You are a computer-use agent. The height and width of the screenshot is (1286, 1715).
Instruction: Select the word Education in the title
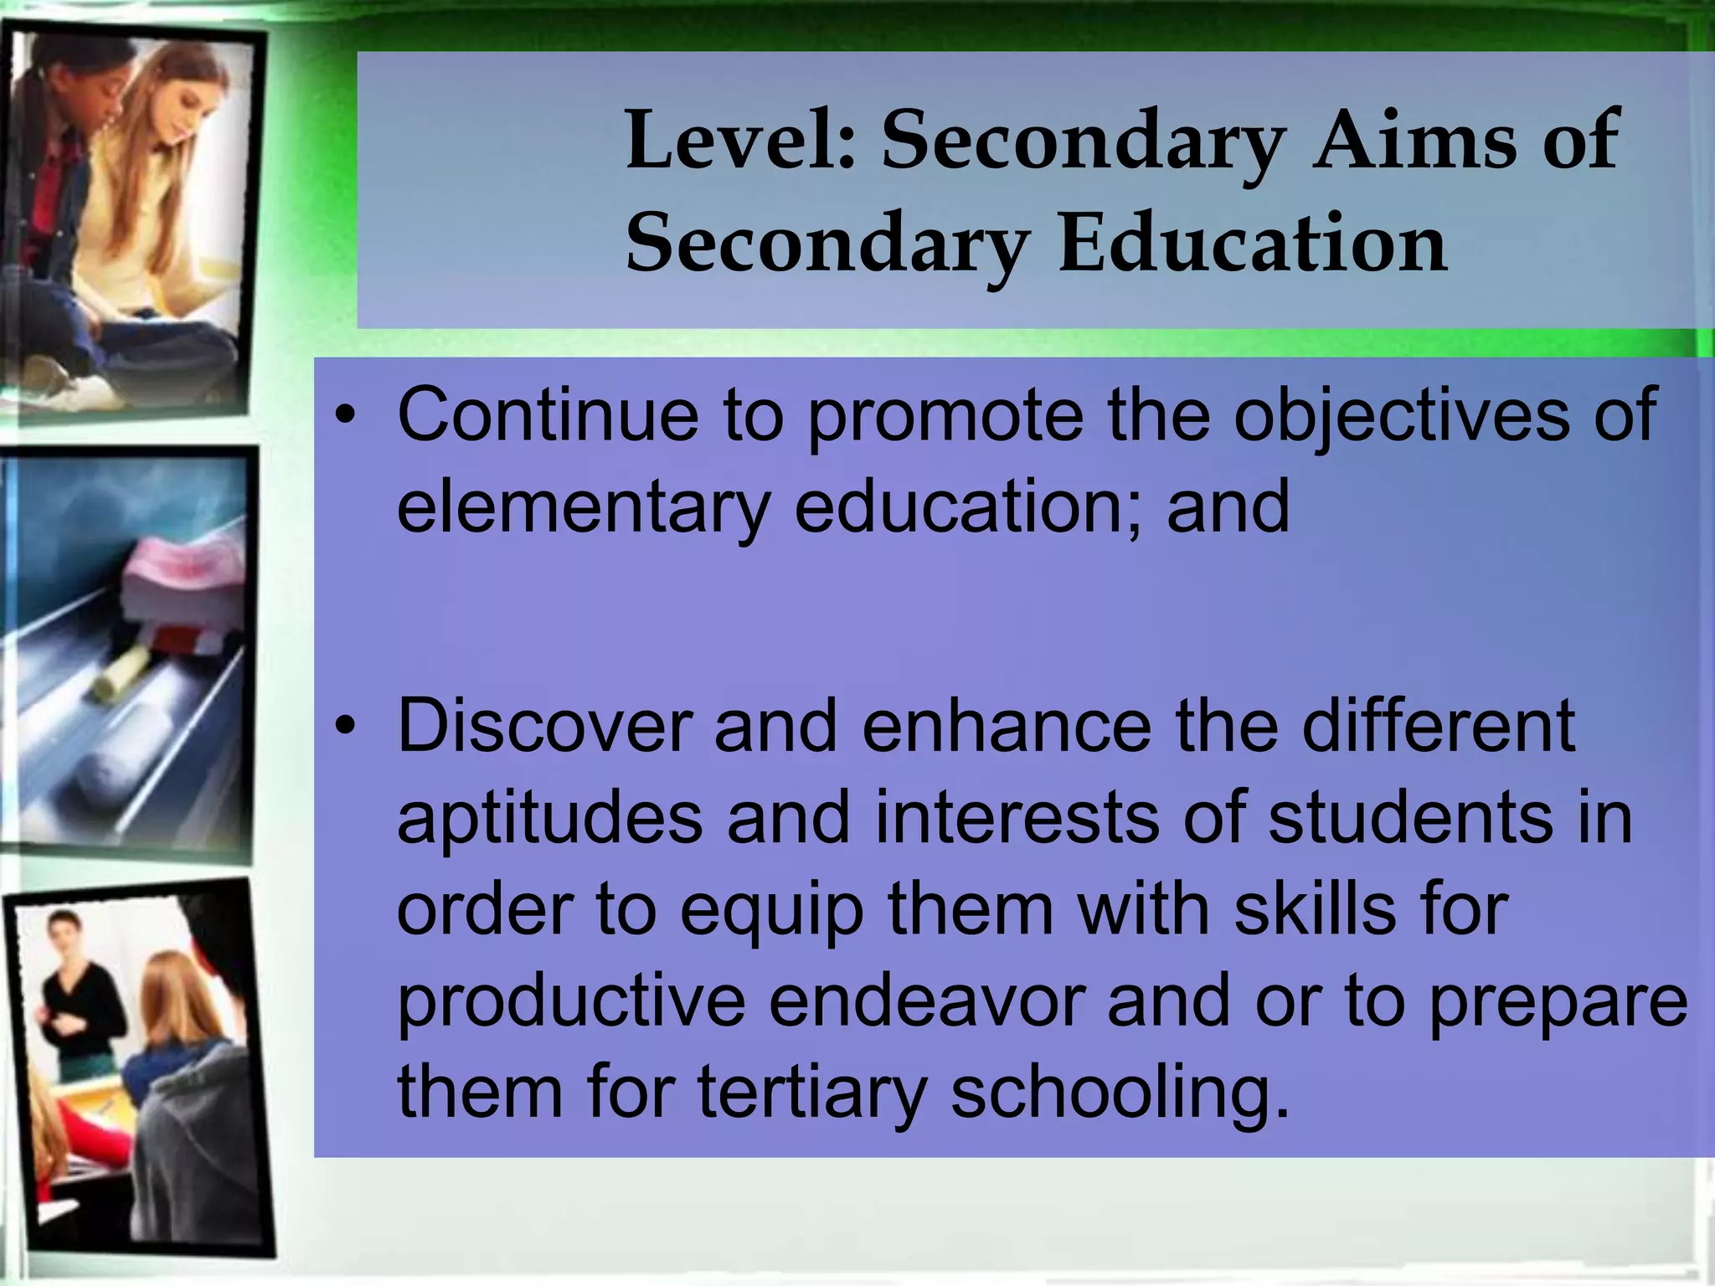[x=1253, y=243]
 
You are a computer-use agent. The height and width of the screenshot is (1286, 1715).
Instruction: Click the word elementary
[x=583, y=507]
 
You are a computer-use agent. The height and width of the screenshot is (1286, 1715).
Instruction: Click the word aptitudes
[x=549, y=819]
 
